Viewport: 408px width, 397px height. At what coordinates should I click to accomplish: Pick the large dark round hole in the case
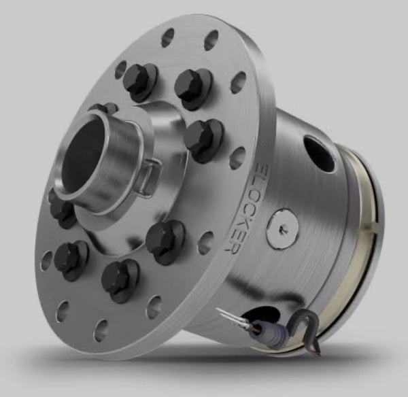point(318,154)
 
